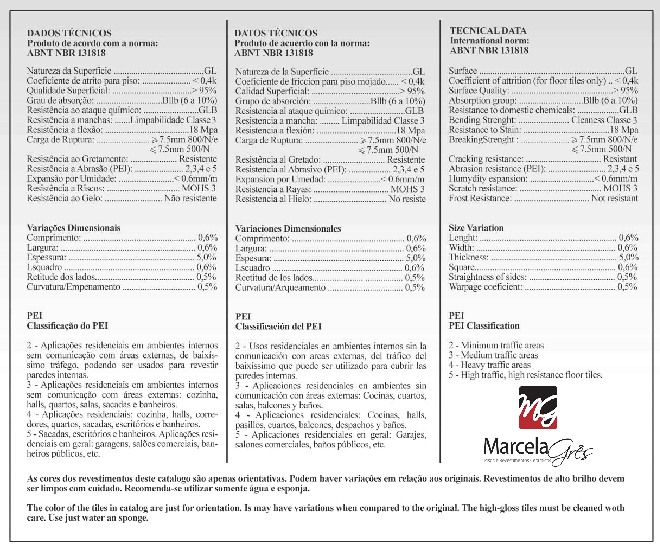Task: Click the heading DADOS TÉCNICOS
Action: pyautogui.click(x=69, y=33)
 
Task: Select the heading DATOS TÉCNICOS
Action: pyautogui.click(x=276, y=33)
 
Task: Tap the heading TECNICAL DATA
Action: pyautogui.click(x=488, y=30)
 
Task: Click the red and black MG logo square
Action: pyautogui.click(x=538, y=408)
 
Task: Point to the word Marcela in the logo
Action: pyautogui.click(x=515, y=446)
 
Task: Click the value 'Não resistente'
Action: pyautogui.click(x=190, y=198)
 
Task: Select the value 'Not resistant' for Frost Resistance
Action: pyautogui.click(x=614, y=198)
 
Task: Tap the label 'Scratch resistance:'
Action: pyautogui.click(x=483, y=188)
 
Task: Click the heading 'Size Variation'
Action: pyautogui.click(x=476, y=228)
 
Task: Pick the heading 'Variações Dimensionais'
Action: pyautogui.click(x=74, y=228)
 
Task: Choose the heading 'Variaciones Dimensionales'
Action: pyautogui.click(x=288, y=228)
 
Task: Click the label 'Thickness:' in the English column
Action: pyautogui.click(x=468, y=257)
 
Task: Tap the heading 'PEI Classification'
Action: pyautogui.click(x=484, y=325)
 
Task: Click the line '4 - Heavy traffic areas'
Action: pyautogui.click(x=489, y=365)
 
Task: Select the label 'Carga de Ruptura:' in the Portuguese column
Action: pyautogui.click(x=60, y=139)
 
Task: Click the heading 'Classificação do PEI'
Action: pyautogui.click(x=67, y=325)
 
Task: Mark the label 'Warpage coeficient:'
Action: pyautogui.click(x=485, y=287)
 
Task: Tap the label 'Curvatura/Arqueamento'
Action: pyautogui.click(x=280, y=287)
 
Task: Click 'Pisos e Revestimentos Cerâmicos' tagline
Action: pyautogui.click(x=517, y=461)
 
